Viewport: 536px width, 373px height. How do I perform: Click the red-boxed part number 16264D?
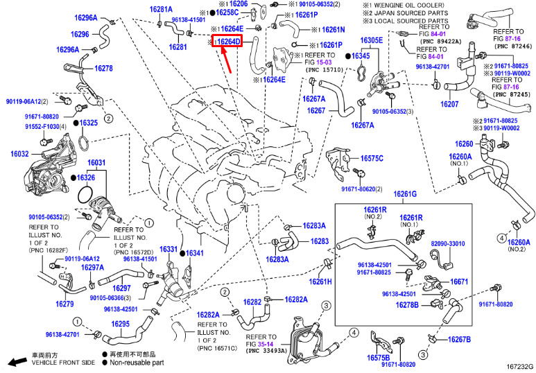click(229, 42)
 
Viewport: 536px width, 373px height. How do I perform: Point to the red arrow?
click(226, 60)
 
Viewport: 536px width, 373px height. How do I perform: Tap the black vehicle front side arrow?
click(17, 361)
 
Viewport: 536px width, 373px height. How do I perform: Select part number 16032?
click(20, 154)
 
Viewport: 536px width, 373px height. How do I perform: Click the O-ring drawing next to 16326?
click(85, 194)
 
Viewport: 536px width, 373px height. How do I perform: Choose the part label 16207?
click(449, 104)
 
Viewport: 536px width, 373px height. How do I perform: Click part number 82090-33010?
click(447, 244)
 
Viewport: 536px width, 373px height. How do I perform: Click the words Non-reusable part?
click(137, 363)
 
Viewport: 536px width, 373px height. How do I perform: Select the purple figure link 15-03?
click(323, 62)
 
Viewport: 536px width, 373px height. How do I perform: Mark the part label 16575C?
click(372, 158)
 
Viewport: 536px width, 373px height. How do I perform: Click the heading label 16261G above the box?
click(405, 195)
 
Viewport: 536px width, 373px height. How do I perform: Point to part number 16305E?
click(371, 40)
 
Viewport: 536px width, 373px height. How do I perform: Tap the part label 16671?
click(459, 281)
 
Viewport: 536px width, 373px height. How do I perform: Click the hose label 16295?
click(121, 323)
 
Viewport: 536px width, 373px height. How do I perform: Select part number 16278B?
click(407, 304)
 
